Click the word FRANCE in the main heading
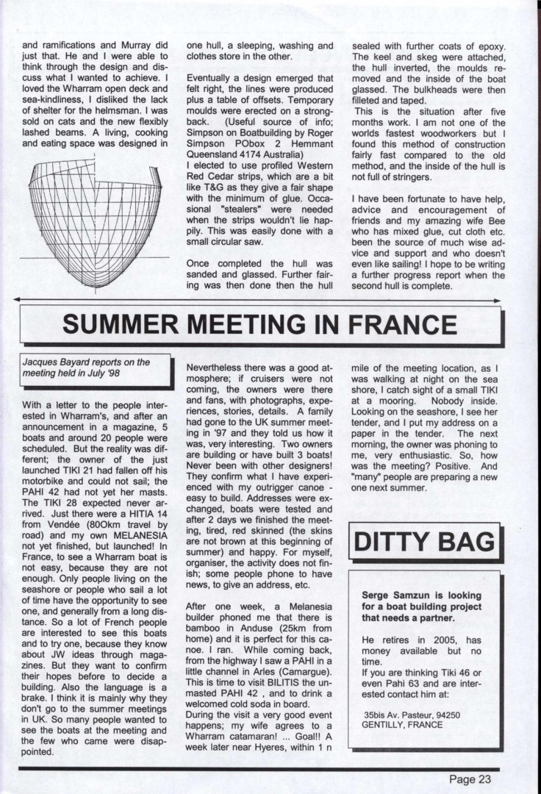click(x=400, y=324)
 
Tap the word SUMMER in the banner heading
click(x=124, y=324)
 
